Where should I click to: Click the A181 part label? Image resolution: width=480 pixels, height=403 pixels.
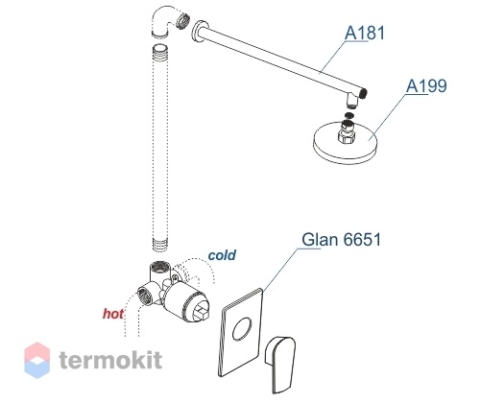coord(365,33)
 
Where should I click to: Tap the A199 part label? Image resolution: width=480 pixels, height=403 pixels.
coord(426,85)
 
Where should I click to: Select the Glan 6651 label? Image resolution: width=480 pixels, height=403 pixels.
coord(342,239)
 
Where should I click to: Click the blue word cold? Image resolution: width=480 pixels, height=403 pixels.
coord(222,255)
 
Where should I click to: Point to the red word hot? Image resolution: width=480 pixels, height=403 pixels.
coord(113,314)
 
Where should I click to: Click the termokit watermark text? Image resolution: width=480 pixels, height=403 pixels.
coord(110,360)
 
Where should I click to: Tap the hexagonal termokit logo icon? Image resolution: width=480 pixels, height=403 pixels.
coord(37,360)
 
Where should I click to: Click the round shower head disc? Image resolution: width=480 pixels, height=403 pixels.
coord(346,142)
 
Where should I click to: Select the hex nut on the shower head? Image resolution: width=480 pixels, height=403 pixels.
coord(347,136)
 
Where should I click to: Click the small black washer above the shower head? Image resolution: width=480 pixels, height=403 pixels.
coord(349,115)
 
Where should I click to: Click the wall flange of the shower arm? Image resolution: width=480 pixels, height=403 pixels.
coord(199,32)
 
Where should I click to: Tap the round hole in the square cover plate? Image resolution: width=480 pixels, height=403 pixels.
coord(242,329)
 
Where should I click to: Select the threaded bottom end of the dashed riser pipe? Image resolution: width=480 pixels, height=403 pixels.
coord(159,244)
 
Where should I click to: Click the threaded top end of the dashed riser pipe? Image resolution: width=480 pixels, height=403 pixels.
coord(159,51)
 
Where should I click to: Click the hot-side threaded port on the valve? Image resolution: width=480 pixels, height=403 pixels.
coord(144,296)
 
